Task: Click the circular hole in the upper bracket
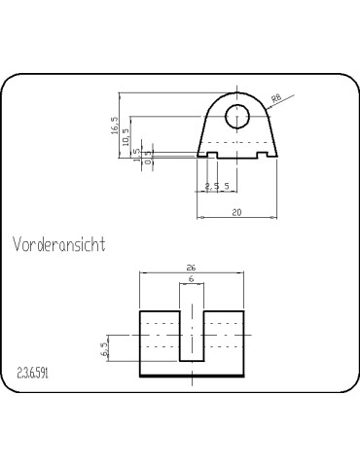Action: (x=238, y=117)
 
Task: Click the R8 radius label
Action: (x=276, y=97)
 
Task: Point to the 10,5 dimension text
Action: (x=126, y=138)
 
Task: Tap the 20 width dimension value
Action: (x=236, y=210)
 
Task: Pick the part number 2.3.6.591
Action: (x=33, y=373)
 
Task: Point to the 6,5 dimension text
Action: (x=105, y=348)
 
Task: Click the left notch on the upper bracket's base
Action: (x=212, y=155)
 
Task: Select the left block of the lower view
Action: (x=160, y=342)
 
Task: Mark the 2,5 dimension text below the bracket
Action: (x=211, y=185)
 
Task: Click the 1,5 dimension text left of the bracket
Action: (x=137, y=158)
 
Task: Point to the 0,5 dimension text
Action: (x=148, y=156)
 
